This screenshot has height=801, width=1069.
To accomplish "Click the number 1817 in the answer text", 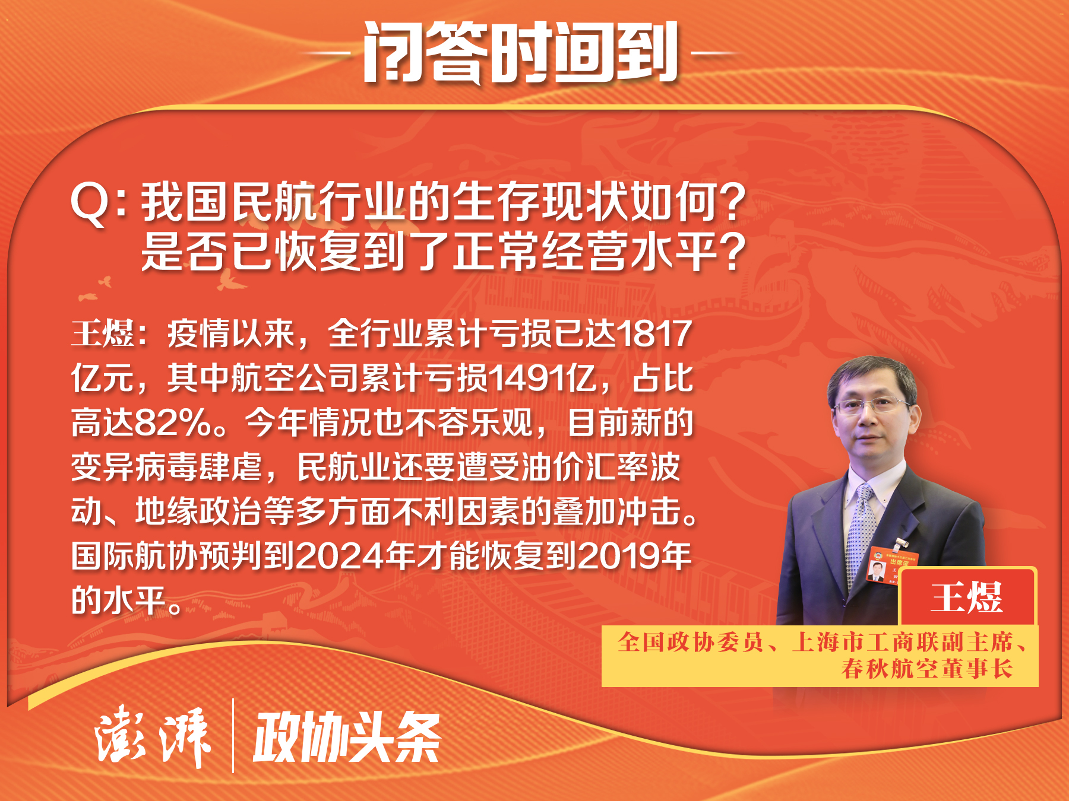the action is [x=655, y=334].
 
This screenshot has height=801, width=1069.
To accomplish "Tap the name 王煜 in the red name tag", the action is [x=967, y=597].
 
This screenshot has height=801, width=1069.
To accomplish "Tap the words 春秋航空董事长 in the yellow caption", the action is [x=926, y=669].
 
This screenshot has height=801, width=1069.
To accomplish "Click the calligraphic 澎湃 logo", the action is [x=153, y=736].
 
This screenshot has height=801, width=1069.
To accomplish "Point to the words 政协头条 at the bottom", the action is [x=347, y=736].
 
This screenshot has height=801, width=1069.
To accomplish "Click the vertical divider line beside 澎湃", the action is [x=233, y=736].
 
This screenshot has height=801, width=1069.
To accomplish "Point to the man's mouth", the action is [x=868, y=438].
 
